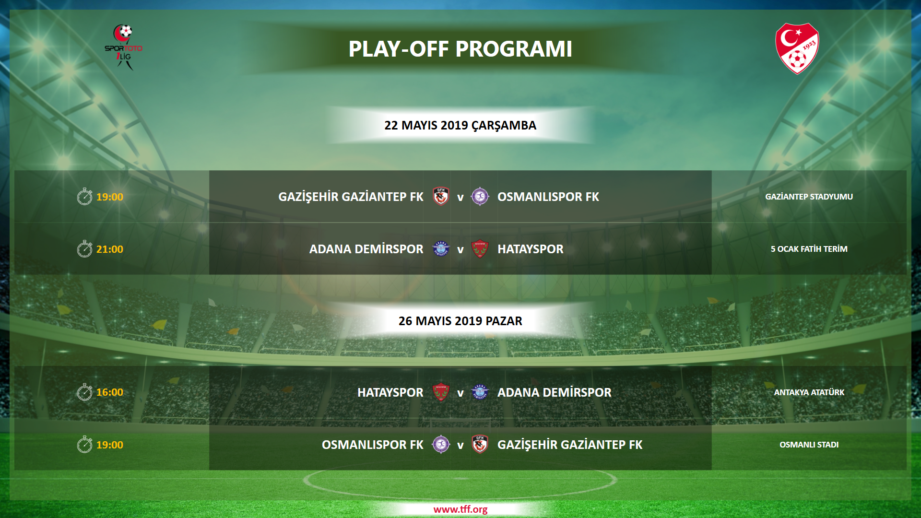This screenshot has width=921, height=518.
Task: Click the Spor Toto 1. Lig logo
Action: pos(124,47)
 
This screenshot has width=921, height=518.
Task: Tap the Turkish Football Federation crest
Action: pos(797,48)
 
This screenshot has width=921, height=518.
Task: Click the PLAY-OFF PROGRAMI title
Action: pos(460,49)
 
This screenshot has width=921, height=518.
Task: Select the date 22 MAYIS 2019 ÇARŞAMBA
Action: pos(460,125)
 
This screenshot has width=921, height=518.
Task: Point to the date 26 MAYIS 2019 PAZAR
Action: pos(460,321)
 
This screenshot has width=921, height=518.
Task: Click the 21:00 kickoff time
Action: pos(110,249)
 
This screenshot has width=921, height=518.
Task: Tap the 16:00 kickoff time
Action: pos(110,392)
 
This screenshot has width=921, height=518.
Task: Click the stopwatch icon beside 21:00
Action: pos(84,249)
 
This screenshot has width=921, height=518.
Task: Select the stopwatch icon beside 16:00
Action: pos(84,392)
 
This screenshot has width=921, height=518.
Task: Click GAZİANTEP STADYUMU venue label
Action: pos(809,197)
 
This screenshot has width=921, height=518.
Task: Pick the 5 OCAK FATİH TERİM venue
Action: pos(809,249)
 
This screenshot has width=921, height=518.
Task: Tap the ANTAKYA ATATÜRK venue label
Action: pos(809,392)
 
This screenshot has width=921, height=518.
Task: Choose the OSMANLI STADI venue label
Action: pos(809,445)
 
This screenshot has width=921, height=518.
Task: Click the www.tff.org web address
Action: pos(460,509)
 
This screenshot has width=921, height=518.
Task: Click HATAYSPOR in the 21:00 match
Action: pos(531,249)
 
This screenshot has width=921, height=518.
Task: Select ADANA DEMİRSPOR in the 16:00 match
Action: pos(555,392)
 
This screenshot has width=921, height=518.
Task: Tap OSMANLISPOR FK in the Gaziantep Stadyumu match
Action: pos(548,197)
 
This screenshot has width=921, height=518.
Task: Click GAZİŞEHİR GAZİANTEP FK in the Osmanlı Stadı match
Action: pos(570,445)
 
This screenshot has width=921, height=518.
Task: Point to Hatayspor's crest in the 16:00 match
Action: pos(441,392)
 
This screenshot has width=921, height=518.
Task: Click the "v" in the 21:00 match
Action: pos(460,250)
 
